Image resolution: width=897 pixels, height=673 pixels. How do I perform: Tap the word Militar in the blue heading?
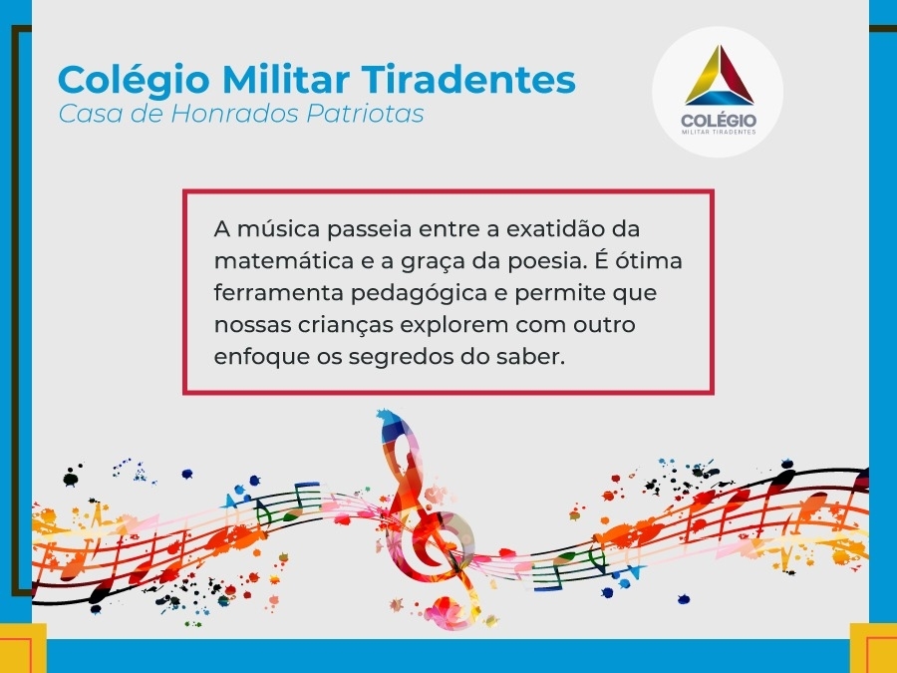285,79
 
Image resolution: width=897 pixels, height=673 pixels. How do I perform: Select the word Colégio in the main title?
134,80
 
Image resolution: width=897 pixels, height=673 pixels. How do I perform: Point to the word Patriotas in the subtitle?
365,114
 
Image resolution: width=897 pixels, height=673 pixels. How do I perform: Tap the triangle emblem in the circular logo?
719,76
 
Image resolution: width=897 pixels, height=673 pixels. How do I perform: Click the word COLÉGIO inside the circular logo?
719,121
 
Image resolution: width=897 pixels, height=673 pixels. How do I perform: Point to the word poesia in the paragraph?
548,261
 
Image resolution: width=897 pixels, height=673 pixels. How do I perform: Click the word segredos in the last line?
402,357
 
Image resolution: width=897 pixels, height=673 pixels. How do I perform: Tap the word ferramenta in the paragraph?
279,293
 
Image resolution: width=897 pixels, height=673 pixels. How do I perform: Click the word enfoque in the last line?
261,357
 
